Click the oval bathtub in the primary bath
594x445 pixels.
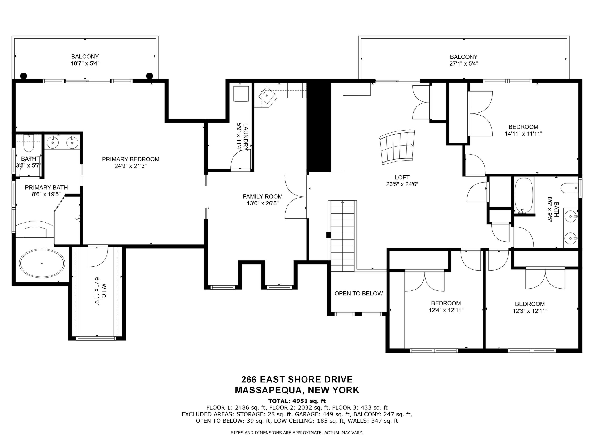click(x=42, y=263)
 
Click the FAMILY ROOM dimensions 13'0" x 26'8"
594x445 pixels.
click(x=263, y=203)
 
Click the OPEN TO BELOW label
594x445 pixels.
click(x=358, y=293)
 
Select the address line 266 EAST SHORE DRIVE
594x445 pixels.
click(x=297, y=380)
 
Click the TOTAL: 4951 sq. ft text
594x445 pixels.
click(x=297, y=401)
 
